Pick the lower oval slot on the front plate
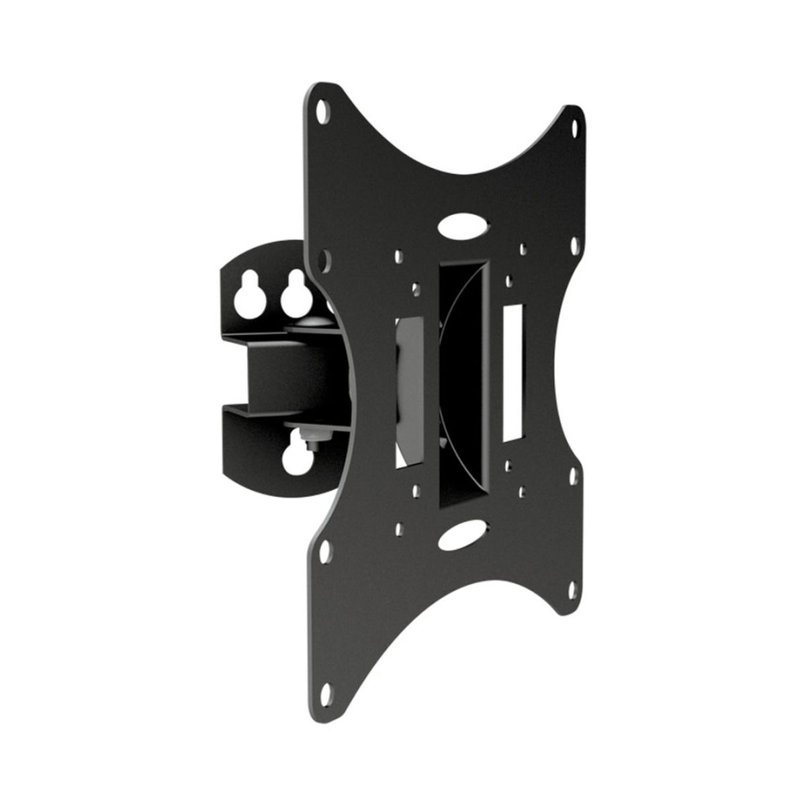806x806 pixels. coord(461,538)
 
